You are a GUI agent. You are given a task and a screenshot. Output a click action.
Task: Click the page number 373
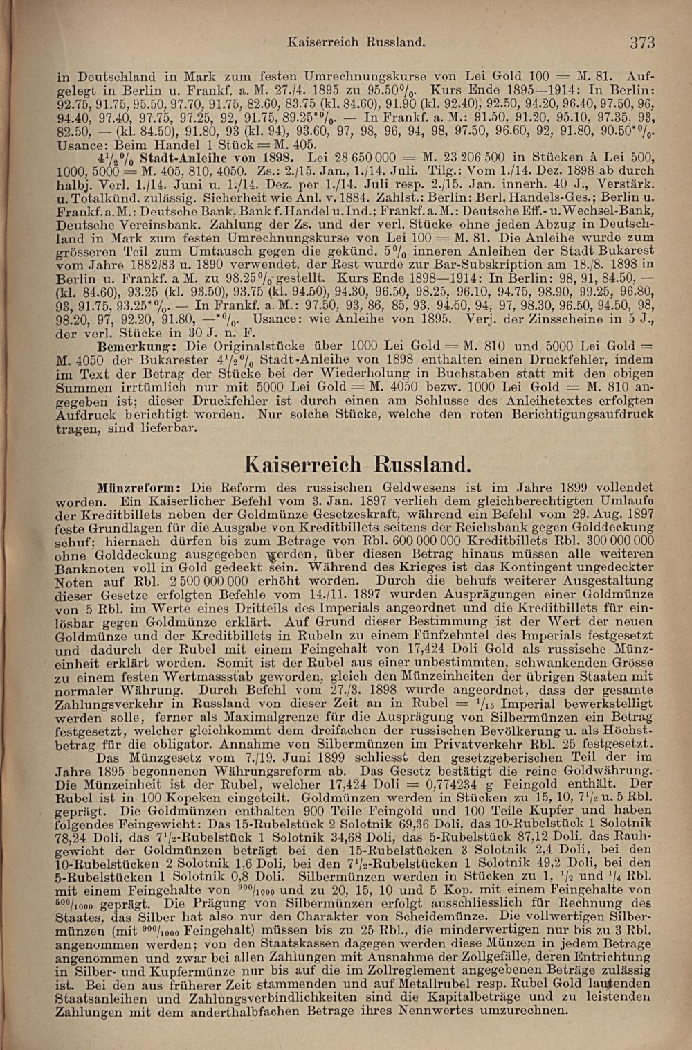[642, 43]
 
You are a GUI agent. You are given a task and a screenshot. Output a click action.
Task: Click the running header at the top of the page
[356, 42]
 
